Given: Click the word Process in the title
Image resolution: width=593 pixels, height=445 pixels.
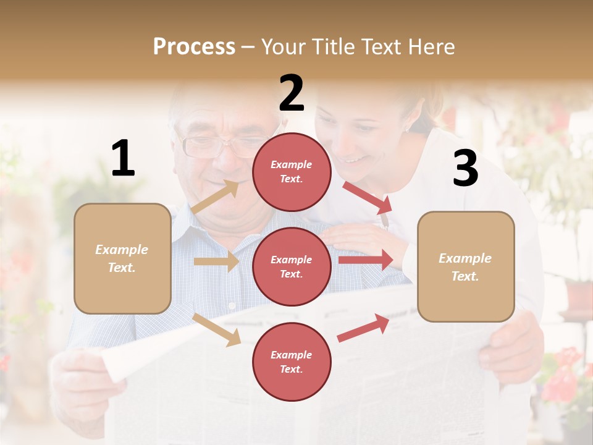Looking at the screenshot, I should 194,46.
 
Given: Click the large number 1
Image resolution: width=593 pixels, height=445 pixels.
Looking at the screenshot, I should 123,159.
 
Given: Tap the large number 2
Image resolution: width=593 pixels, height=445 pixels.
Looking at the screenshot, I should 292,93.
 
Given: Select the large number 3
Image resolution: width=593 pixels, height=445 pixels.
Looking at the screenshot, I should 465,168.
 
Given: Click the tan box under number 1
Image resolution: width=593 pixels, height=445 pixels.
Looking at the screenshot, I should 122,258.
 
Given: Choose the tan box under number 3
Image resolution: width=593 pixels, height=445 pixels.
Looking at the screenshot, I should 466,266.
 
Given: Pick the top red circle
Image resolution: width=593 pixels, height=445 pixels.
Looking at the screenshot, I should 292,172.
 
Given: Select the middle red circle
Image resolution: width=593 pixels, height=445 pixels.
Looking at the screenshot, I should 292,266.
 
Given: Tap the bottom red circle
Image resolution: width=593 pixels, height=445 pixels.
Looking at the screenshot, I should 292,362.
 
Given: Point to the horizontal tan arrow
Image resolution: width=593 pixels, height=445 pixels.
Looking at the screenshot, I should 216,261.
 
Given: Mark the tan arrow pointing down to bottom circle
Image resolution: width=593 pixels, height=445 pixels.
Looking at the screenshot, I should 217,329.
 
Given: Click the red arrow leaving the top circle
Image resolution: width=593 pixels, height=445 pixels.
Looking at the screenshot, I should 367,197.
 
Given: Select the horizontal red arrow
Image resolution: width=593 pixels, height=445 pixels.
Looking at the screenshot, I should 366,260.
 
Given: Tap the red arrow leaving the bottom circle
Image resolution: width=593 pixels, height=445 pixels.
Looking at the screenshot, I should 363,328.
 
